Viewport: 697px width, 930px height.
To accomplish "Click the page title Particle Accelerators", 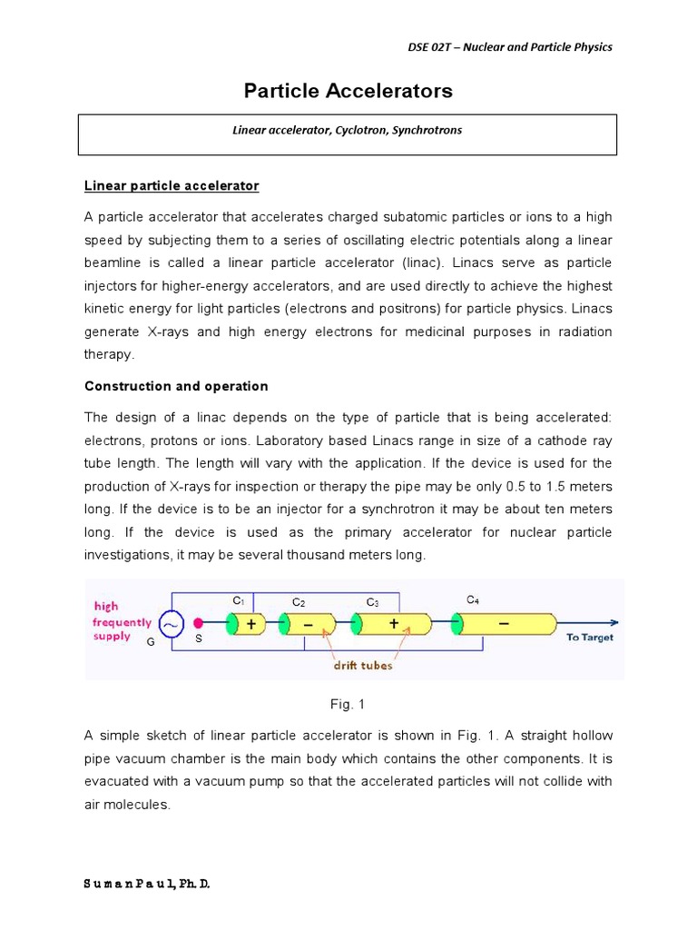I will [x=348, y=92].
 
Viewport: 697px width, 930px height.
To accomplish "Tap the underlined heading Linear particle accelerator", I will [x=172, y=186].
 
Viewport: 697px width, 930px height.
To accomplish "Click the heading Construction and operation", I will [x=176, y=386].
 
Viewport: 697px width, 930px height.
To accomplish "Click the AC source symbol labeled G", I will [x=170, y=624].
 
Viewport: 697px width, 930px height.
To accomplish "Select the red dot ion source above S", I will [x=198, y=624].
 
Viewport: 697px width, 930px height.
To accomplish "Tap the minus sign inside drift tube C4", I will [x=503, y=624].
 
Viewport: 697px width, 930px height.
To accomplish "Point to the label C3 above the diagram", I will [x=372, y=602].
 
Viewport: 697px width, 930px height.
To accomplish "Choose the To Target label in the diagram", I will [x=589, y=638].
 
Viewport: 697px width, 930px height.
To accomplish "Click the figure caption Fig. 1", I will [x=348, y=705].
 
